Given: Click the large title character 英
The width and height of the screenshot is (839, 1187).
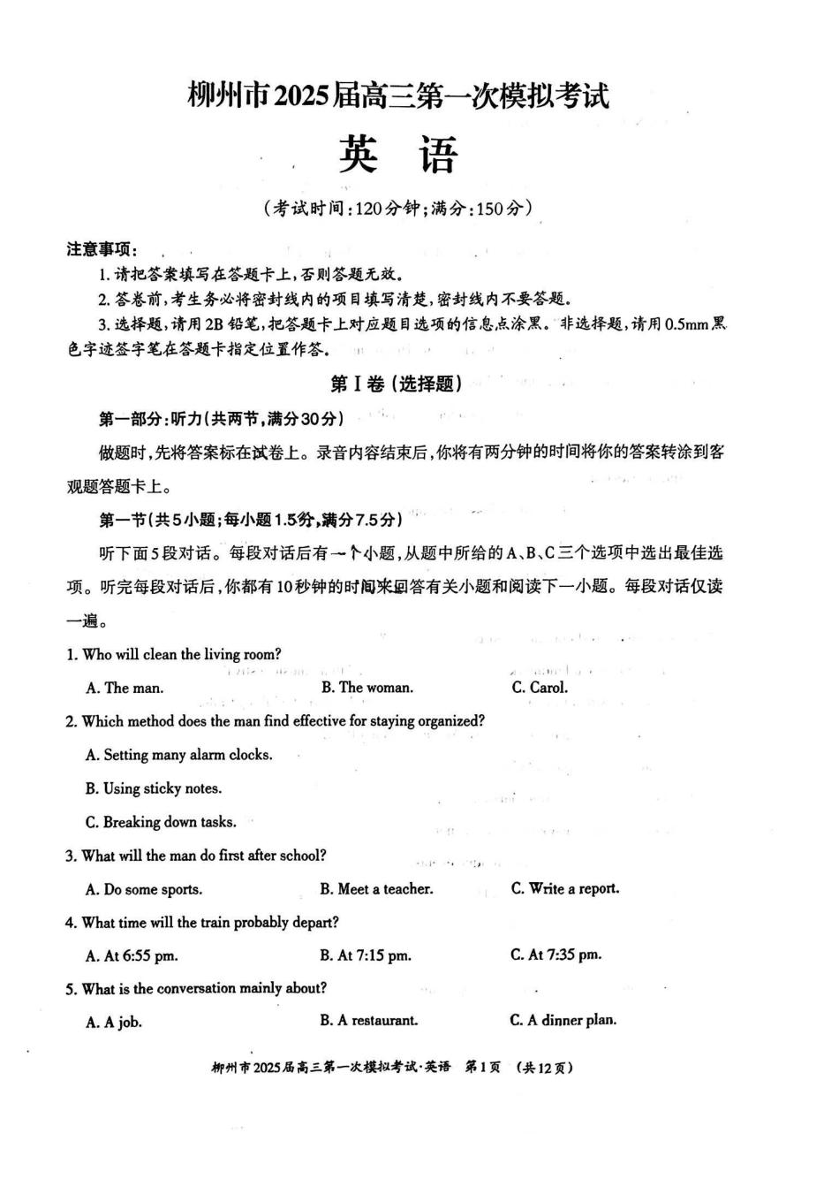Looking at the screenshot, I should tap(359, 155).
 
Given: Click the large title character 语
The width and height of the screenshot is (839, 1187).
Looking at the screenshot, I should tap(438, 155).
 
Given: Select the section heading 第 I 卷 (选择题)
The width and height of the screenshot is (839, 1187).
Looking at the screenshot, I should tap(396, 384).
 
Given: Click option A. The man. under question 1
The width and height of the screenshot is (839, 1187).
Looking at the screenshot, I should tap(125, 688).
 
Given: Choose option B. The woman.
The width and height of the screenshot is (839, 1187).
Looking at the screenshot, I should tap(367, 688).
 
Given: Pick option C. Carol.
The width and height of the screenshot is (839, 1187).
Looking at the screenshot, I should tap(540, 688).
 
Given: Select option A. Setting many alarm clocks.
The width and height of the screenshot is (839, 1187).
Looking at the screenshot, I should tap(178, 755).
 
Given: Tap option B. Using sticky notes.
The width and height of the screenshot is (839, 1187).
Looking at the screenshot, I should tap(153, 788).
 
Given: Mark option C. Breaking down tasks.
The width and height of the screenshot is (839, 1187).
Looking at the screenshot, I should tap(161, 822).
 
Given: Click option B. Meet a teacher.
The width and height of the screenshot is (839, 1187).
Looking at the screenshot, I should tap(376, 889).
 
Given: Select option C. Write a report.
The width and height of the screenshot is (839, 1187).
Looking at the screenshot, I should tap(565, 888).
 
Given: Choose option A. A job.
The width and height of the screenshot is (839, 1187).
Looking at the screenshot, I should tap(114, 1022).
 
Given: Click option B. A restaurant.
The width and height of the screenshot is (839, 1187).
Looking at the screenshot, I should tap(369, 1021).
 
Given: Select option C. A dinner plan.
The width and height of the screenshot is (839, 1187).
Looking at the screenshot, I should tap(563, 1020).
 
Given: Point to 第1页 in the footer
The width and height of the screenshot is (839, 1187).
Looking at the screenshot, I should tap(482, 1067).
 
